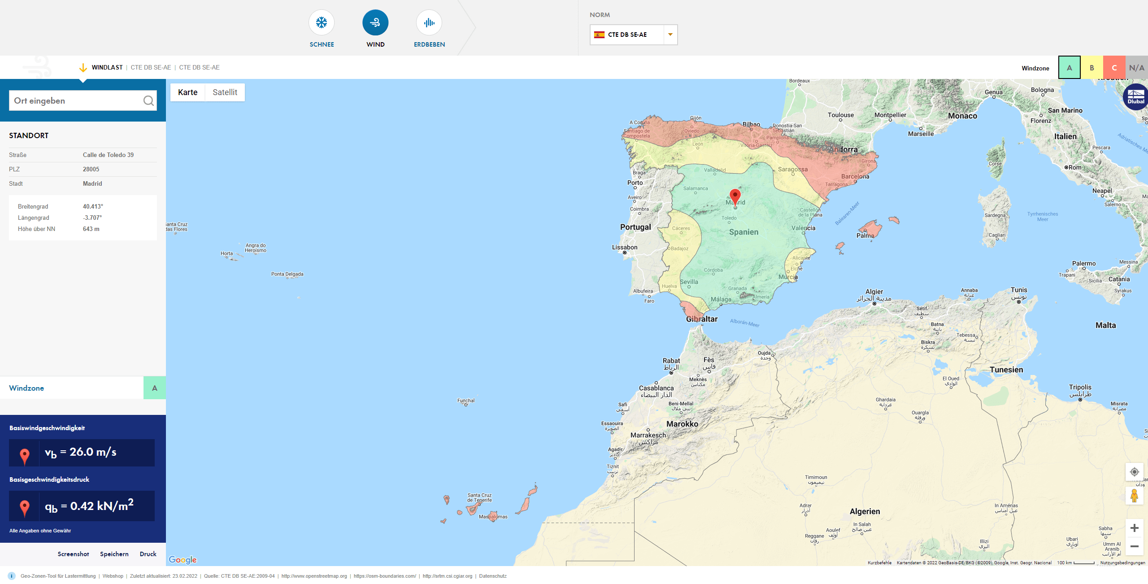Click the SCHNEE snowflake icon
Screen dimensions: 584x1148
coord(322,23)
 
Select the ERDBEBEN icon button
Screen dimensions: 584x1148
coord(429,23)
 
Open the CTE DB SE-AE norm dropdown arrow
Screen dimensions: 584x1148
coord(670,35)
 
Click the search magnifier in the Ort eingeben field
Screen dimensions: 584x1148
coord(148,101)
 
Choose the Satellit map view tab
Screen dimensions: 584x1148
coord(225,92)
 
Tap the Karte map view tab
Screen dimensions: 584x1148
coord(187,92)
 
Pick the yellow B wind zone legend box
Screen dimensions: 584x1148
coord(1092,68)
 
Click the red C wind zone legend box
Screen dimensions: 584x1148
coord(1114,68)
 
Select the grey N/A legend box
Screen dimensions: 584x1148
coord(1136,68)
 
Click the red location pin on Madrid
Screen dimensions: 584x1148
coord(735,196)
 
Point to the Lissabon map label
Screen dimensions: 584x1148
coord(625,247)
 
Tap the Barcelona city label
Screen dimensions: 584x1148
coord(855,176)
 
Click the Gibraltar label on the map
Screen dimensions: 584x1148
coord(702,319)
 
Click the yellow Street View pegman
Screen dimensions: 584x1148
coord(1134,496)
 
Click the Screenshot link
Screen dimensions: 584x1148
coord(73,554)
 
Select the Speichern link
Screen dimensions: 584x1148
coord(114,554)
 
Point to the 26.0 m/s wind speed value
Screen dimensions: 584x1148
coord(93,452)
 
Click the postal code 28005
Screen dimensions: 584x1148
coord(91,169)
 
